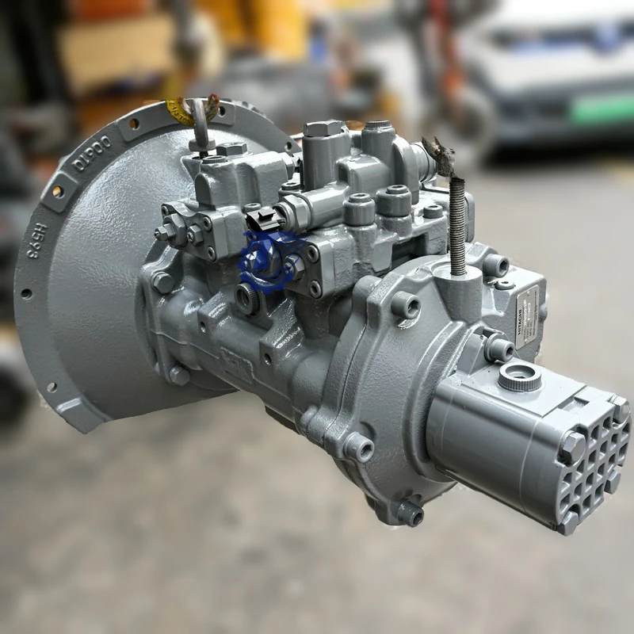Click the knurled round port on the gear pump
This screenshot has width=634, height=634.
pyautogui.click(x=520, y=376)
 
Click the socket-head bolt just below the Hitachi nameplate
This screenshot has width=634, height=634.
pyautogui.click(x=501, y=347)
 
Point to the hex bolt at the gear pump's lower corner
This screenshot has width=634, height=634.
pyautogui.click(x=568, y=522)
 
